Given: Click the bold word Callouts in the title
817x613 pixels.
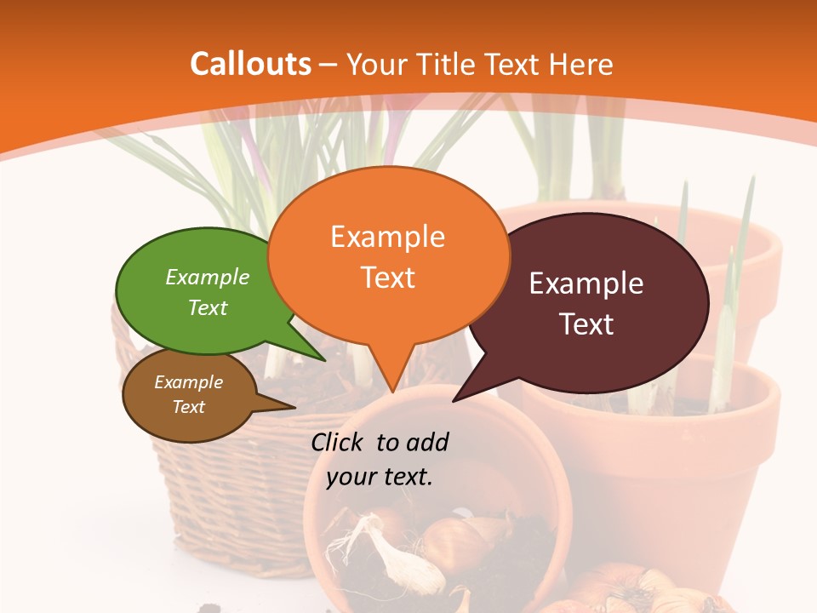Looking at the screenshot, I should click(250, 64).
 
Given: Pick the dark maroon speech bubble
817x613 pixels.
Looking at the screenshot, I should click(587, 302).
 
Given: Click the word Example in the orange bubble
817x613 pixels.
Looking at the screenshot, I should click(387, 237).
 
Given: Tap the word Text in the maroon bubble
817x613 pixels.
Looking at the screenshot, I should click(587, 324).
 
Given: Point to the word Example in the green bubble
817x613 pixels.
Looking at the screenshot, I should click(208, 278).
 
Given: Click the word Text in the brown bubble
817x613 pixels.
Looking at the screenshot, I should click(189, 407).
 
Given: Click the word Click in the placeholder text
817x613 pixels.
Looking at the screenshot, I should click(338, 442).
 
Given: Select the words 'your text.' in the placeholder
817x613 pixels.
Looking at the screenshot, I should click(380, 477).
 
